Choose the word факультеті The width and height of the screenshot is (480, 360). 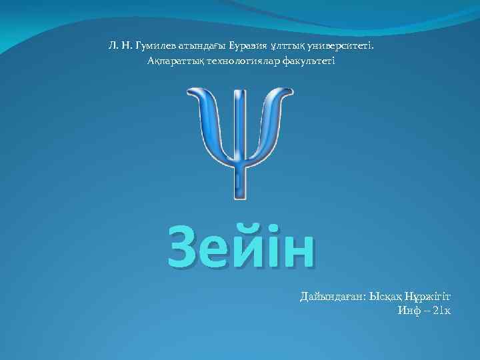307,61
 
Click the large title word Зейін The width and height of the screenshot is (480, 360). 241,246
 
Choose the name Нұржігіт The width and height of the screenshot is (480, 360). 425,296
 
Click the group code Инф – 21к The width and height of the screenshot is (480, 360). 424,311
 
